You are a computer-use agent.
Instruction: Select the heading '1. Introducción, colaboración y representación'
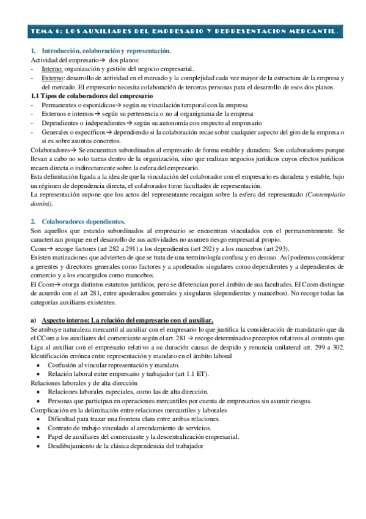click(x=101, y=53)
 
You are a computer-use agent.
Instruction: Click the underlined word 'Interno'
click(x=51, y=70)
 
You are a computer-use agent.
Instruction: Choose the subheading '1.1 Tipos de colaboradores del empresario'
click(x=92, y=96)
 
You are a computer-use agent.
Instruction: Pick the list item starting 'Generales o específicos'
click(x=183, y=132)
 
